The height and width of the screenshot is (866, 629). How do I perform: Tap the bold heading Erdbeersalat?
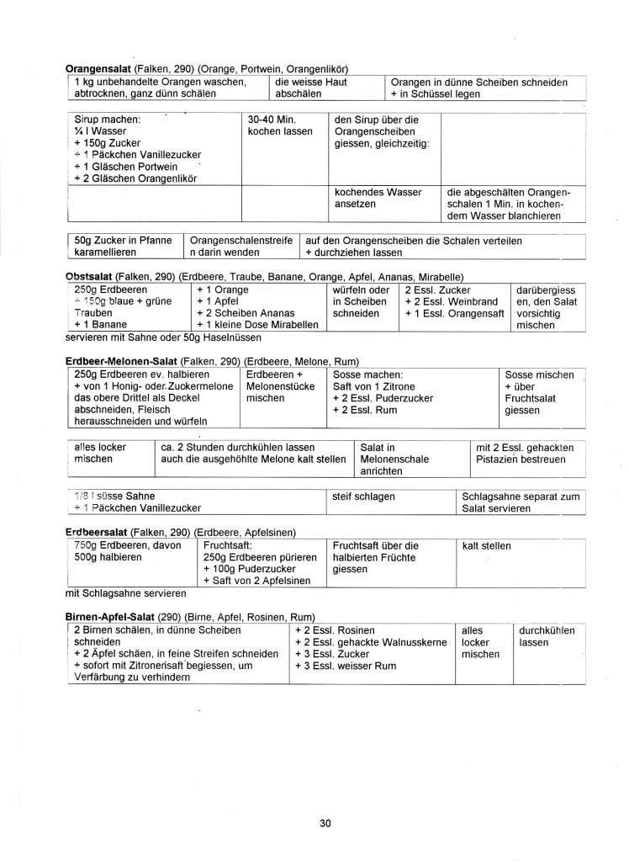[97, 533]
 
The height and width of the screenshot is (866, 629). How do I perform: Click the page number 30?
[325, 822]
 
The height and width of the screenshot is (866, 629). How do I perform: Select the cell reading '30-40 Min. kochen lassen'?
[280, 125]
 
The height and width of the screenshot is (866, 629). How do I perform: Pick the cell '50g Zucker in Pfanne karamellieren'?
[123, 246]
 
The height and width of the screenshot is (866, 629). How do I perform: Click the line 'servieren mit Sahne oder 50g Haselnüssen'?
[162, 337]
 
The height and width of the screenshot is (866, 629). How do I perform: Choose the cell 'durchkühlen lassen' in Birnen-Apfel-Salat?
[547, 636]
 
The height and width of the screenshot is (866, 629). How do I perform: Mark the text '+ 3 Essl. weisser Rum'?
[346, 666]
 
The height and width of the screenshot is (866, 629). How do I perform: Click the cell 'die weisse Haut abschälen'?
[311, 88]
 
